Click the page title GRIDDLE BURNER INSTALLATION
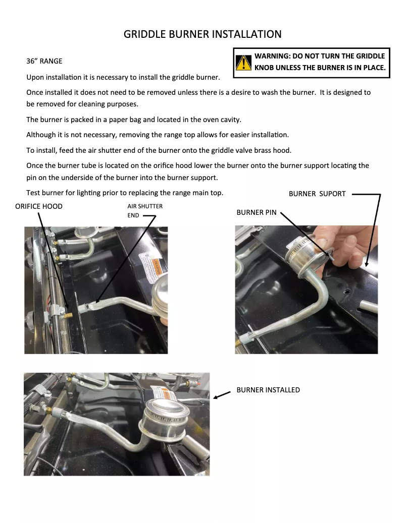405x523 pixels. click(202, 34)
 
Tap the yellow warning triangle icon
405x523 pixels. click(243, 62)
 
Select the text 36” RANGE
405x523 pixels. click(44, 61)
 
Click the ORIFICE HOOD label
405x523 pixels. click(39, 206)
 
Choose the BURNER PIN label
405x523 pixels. click(257, 212)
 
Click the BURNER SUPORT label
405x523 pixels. click(317, 194)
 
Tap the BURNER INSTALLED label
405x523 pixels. click(268, 390)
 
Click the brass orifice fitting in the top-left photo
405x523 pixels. click(67, 314)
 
